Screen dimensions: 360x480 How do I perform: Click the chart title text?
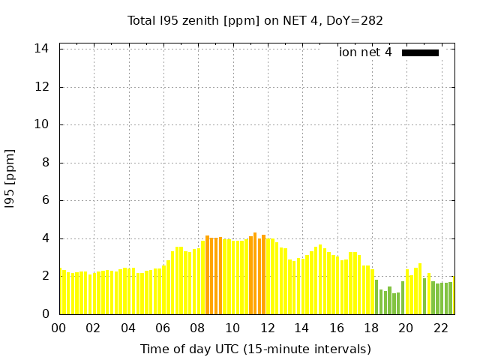(255, 20)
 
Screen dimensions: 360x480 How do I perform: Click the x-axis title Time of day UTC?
(255, 349)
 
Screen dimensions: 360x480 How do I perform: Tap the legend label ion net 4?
(365, 52)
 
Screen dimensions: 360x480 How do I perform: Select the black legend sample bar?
(420, 52)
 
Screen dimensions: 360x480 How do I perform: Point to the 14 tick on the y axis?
(42, 49)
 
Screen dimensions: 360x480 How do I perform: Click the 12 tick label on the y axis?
(42, 87)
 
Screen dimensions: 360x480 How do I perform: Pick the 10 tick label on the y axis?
(42, 124)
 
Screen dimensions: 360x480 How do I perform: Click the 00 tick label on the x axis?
(58, 328)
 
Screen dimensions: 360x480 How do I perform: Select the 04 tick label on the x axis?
(128, 328)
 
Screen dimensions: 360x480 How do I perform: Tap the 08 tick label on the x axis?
(197, 328)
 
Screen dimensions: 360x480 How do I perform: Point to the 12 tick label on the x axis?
(267, 328)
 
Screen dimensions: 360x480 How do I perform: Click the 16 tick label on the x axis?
(337, 328)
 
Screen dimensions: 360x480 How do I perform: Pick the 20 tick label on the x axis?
(406, 328)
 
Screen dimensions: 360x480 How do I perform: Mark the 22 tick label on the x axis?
(441, 328)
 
